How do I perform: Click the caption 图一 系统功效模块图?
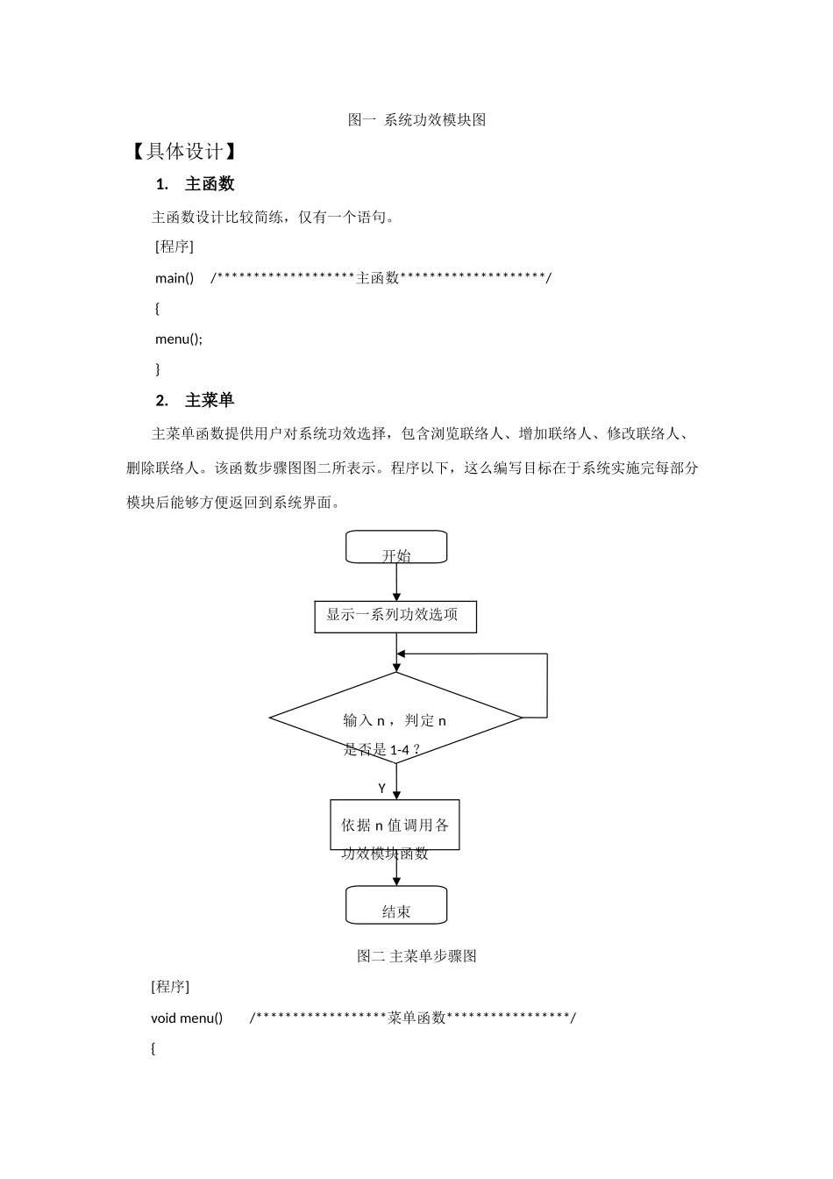pyautogui.click(x=416, y=120)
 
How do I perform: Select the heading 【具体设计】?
pyautogui.click(x=183, y=152)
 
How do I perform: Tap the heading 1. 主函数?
pyautogui.click(x=195, y=183)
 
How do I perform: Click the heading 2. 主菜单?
pyautogui.click(x=195, y=401)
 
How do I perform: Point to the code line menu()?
pyautogui.click(x=178, y=339)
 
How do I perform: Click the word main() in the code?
pyautogui.click(x=174, y=278)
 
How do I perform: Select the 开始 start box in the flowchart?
pyautogui.click(x=396, y=547)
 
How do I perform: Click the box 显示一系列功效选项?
pyautogui.click(x=395, y=617)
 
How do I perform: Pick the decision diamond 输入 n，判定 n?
pyautogui.click(x=395, y=718)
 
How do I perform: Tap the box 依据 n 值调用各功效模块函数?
pyautogui.click(x=395, y=825)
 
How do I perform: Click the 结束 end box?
pyautogui.click(x=396, y=904)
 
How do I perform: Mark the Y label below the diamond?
pyautogui.click(x=382, y=788)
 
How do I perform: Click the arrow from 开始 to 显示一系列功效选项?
pyautogui.click(x=396, y=582)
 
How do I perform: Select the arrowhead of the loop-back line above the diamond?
pyautogui.click(x=401, y=654)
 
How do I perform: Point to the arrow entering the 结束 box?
pyautogui.click(x=396, y=868)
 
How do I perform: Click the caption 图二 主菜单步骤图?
pyautogui.click(x=416, y=956)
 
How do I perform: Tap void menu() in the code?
pyautogui.click(x=187, y=1018)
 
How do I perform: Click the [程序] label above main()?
pyautogui.click(x=174, y=247)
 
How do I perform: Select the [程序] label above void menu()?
pyautogui.click(x=170, y=986)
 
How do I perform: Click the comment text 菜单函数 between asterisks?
pyautogui.click(x=416, y=1018)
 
